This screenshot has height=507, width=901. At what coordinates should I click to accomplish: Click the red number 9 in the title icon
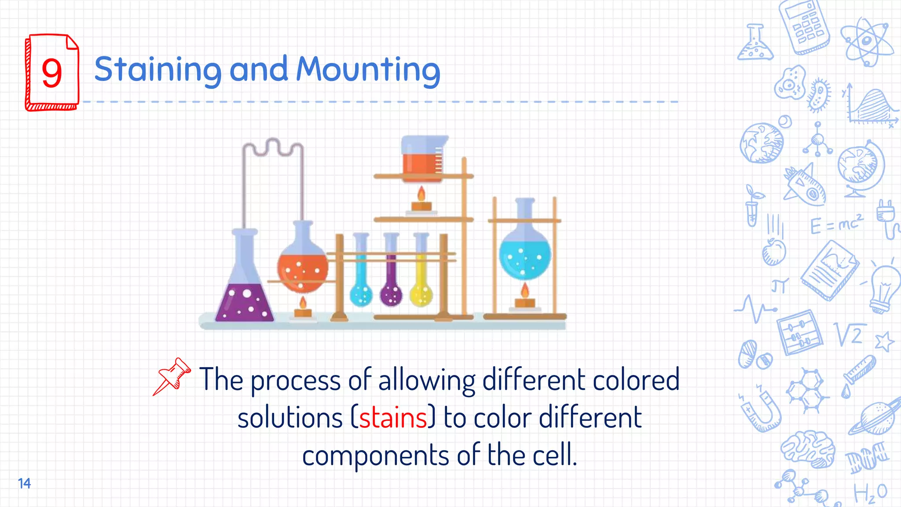tap(52, 73)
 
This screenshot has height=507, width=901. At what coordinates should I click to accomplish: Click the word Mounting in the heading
tap(368, 70)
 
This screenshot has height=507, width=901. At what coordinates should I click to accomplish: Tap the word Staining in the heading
tap(157, 70)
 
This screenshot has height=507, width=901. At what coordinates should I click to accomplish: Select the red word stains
tap(393, 418)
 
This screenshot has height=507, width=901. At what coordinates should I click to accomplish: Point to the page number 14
tap(24, 483)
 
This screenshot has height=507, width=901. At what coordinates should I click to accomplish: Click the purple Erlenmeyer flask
tap(244, 290)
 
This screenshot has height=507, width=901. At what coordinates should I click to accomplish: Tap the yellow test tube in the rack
tap(421, 282)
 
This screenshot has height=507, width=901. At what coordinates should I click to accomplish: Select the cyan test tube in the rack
tap(361, 282)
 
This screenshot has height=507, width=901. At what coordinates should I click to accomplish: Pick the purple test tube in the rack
tap(391, 282)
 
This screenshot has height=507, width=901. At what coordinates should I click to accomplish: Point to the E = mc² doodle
tap(836, 225)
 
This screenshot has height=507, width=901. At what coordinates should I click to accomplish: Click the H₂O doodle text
tap(870, 493)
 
